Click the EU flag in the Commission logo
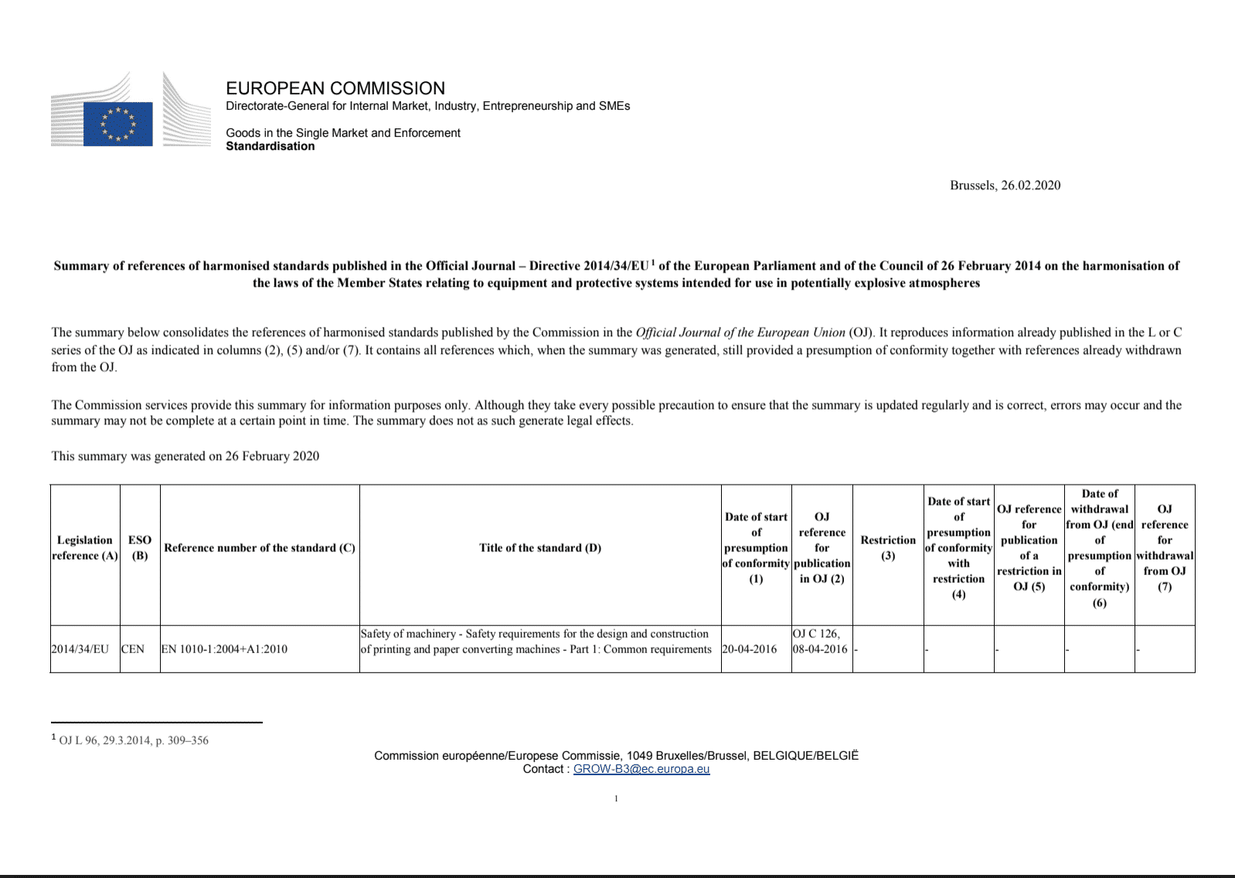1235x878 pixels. pyautogui.click(x=117, y=124)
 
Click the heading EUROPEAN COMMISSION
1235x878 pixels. pyautogui.click(x=335, y=88)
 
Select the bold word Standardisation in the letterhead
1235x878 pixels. pyautogui.click(x=270, y=146)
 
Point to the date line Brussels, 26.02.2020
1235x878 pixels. pyautogui.click(x=1005, y=185)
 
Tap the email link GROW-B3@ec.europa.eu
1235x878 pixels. pyautogui.click(x=641, y=769)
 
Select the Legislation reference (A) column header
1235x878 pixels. pyautogui.click(x=85, y=548)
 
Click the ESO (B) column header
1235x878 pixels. pyautogui.click(x=140, y=548)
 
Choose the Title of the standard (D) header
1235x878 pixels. pyautogui.click(x=540, y=548)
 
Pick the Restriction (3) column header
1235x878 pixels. pyautogui.click(x=888, y=548)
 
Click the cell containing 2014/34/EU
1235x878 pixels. pyautogui.click(x=80, y=649)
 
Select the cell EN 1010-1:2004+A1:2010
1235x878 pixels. pyautogui.click(x=224, y=649)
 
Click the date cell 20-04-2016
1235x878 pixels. pyautogui.click(x=750, y=649)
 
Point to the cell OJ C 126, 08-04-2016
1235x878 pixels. pyautogui.click(x=820, y=641)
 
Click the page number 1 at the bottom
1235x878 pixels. pyautogui.click(x=616, y=798)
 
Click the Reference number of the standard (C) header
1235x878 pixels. pyautogui.click(x=260, y=548)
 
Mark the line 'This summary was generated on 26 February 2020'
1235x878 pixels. pyautogui.click(x=185, y=456)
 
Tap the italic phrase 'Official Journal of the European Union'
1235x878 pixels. pyautogui.click(x=740, y=332)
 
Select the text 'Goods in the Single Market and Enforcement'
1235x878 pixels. pyautogui.click(x=343, y=133)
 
